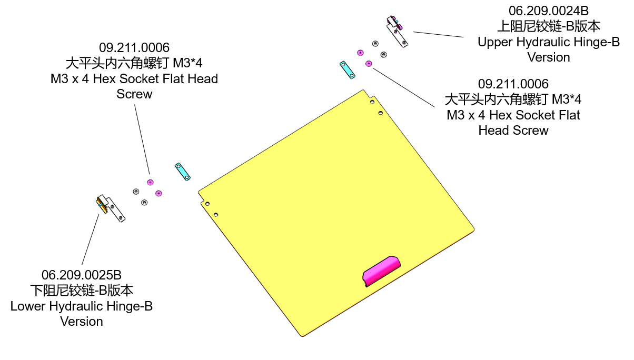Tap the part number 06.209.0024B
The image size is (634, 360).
(x=548, y=11)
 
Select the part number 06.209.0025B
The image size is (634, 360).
(x=82, y=275)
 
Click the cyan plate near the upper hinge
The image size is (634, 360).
(x=346, y=70)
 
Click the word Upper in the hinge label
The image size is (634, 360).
(x=496, y=42)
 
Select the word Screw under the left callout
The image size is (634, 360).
(x=134, y=94)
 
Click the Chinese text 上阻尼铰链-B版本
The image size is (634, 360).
(x=548, y=26)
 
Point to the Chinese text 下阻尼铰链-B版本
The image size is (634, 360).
(x=82, y=291)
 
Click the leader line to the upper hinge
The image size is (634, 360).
(x=438, y=34)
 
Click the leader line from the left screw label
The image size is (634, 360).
(x=142, y=139)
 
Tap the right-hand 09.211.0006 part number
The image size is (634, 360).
(x=513, y=84)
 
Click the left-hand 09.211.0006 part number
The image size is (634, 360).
(x=134, y=48)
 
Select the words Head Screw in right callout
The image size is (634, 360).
(x=513, y=130)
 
